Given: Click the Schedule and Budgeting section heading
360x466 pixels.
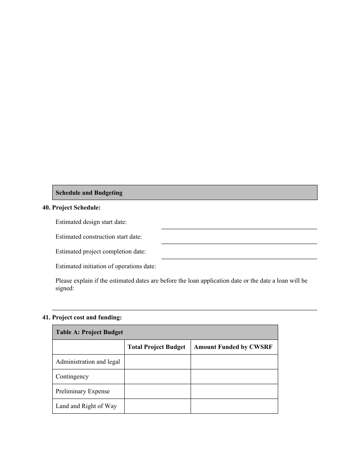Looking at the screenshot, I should tap(89, 192).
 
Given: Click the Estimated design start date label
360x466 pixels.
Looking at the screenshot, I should tap(91, 222).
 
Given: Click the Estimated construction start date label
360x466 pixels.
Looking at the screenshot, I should tap(99, 237).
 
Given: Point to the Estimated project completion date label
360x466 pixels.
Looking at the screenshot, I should tap(100, 252).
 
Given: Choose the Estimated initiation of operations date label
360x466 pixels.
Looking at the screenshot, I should tap(106, 266).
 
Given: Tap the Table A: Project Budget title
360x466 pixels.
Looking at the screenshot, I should tap(89, 332).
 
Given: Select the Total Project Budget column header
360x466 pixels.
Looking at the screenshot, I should tap(157, 347).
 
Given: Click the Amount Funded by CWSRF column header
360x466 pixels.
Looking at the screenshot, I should tap(233, 347).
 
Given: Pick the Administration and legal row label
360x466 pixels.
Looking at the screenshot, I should tap(88, 362).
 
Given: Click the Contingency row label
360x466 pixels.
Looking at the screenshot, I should tap(72, 377).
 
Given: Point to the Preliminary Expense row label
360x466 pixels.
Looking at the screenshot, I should tap(83, 391).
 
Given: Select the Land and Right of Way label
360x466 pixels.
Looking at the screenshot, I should tap(86, 406).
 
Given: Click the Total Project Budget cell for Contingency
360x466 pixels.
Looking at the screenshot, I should tap(157, 377).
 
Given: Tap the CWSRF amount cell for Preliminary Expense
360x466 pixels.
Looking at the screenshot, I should tap(234, 391).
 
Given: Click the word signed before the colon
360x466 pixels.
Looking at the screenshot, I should tap(64, 288).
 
